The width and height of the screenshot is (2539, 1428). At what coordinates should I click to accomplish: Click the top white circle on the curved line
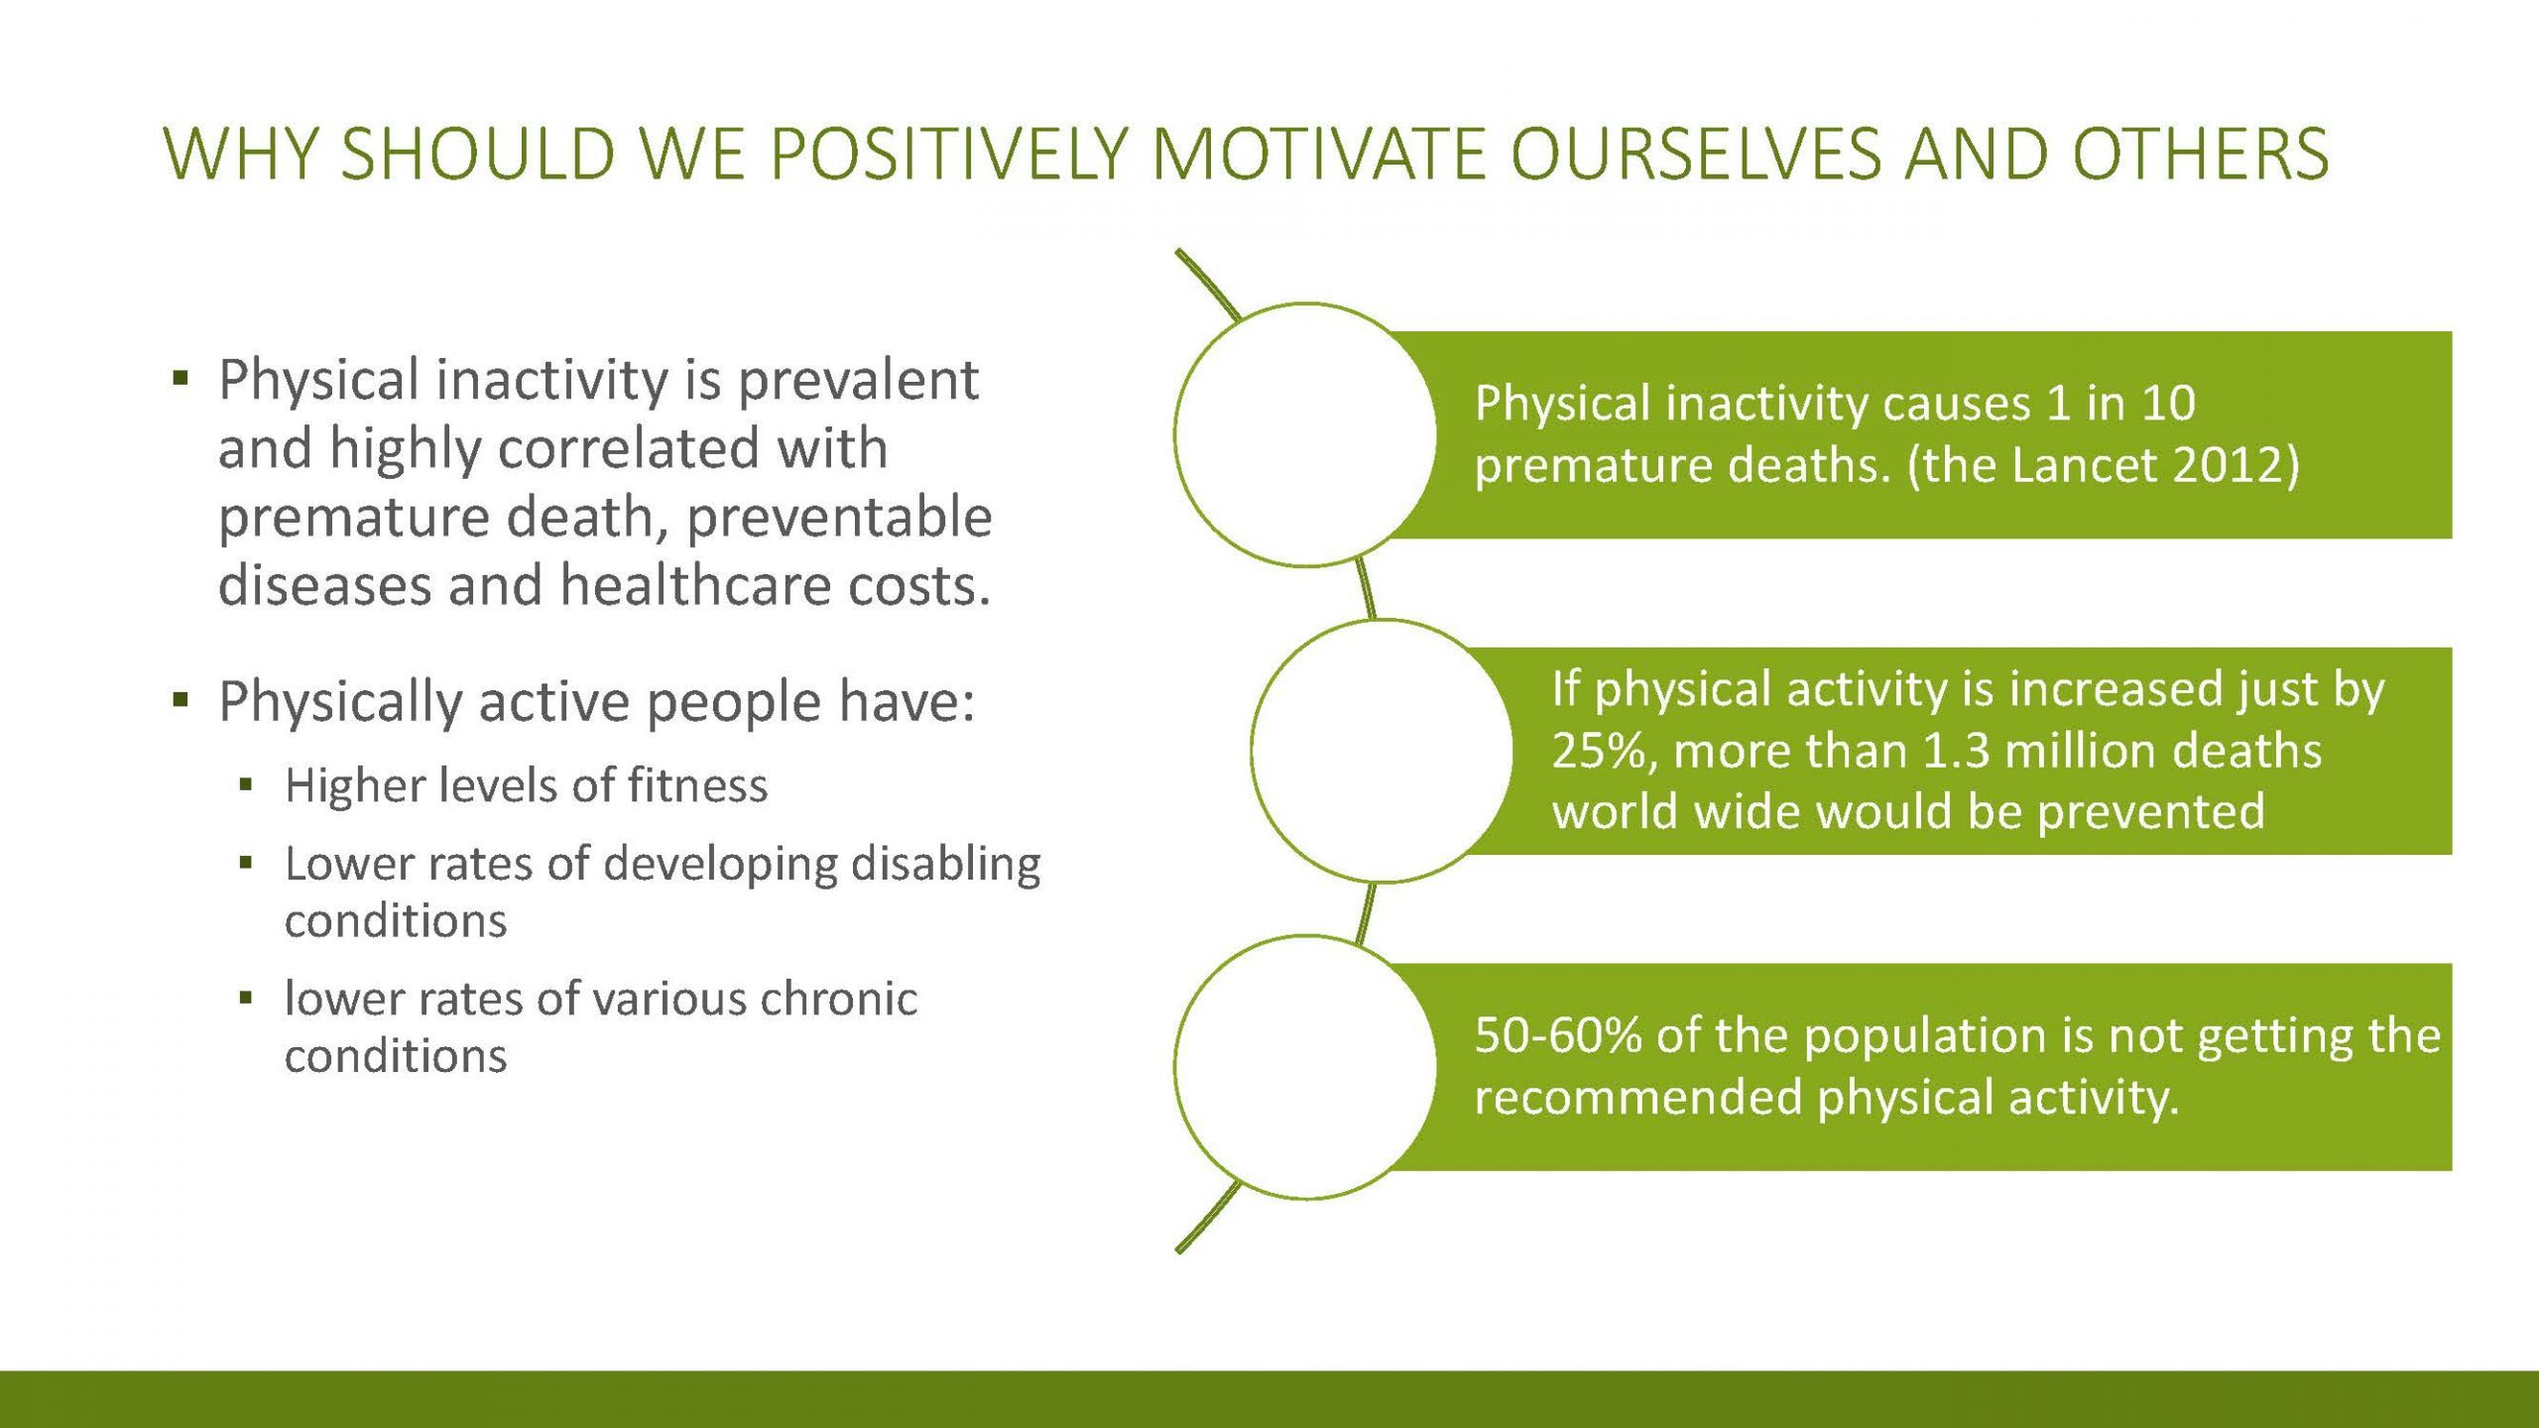(x=1305, y=434)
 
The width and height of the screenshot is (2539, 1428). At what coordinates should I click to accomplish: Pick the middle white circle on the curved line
(x=1383, y=751)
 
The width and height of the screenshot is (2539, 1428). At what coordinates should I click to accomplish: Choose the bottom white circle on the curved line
(x=1305, y=1067)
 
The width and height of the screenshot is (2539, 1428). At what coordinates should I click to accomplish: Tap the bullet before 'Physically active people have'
(x=180, y=700)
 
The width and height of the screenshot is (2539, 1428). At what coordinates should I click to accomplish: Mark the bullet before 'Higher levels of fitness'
(x=246, y=786)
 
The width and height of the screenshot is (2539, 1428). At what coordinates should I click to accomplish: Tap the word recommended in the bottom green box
(x=1637, y=1098)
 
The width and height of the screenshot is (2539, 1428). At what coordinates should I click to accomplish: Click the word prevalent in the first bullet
(x=858, y=381)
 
